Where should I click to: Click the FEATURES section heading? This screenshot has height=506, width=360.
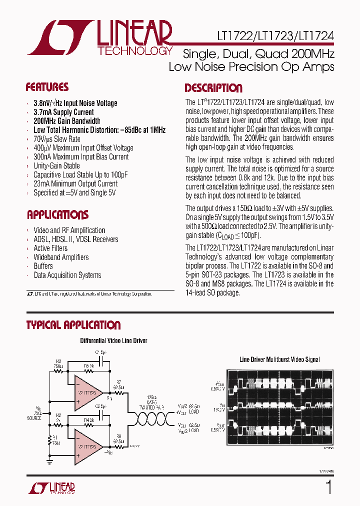(x=47, y=87)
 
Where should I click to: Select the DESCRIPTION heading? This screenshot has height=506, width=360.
(x=213, y=88)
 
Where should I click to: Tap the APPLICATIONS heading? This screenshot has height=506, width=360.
(x=57, y=215)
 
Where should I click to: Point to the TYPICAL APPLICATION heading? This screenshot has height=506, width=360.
(x=73, y=325)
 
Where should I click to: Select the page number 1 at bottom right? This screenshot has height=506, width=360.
(x=328, y=487)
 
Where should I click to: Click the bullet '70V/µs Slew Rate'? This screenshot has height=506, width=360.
(x=57, y=139)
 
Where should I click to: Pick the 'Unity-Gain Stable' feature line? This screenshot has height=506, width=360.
(x=56, y=166)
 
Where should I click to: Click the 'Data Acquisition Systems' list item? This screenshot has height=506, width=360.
(x=67, y=275)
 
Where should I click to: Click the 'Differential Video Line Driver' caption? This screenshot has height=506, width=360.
(x=113, y=341)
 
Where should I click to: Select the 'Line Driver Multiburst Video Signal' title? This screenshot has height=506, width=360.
(x=279, y=359)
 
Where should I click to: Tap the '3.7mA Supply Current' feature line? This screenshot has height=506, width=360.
(x=63, y=112)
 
